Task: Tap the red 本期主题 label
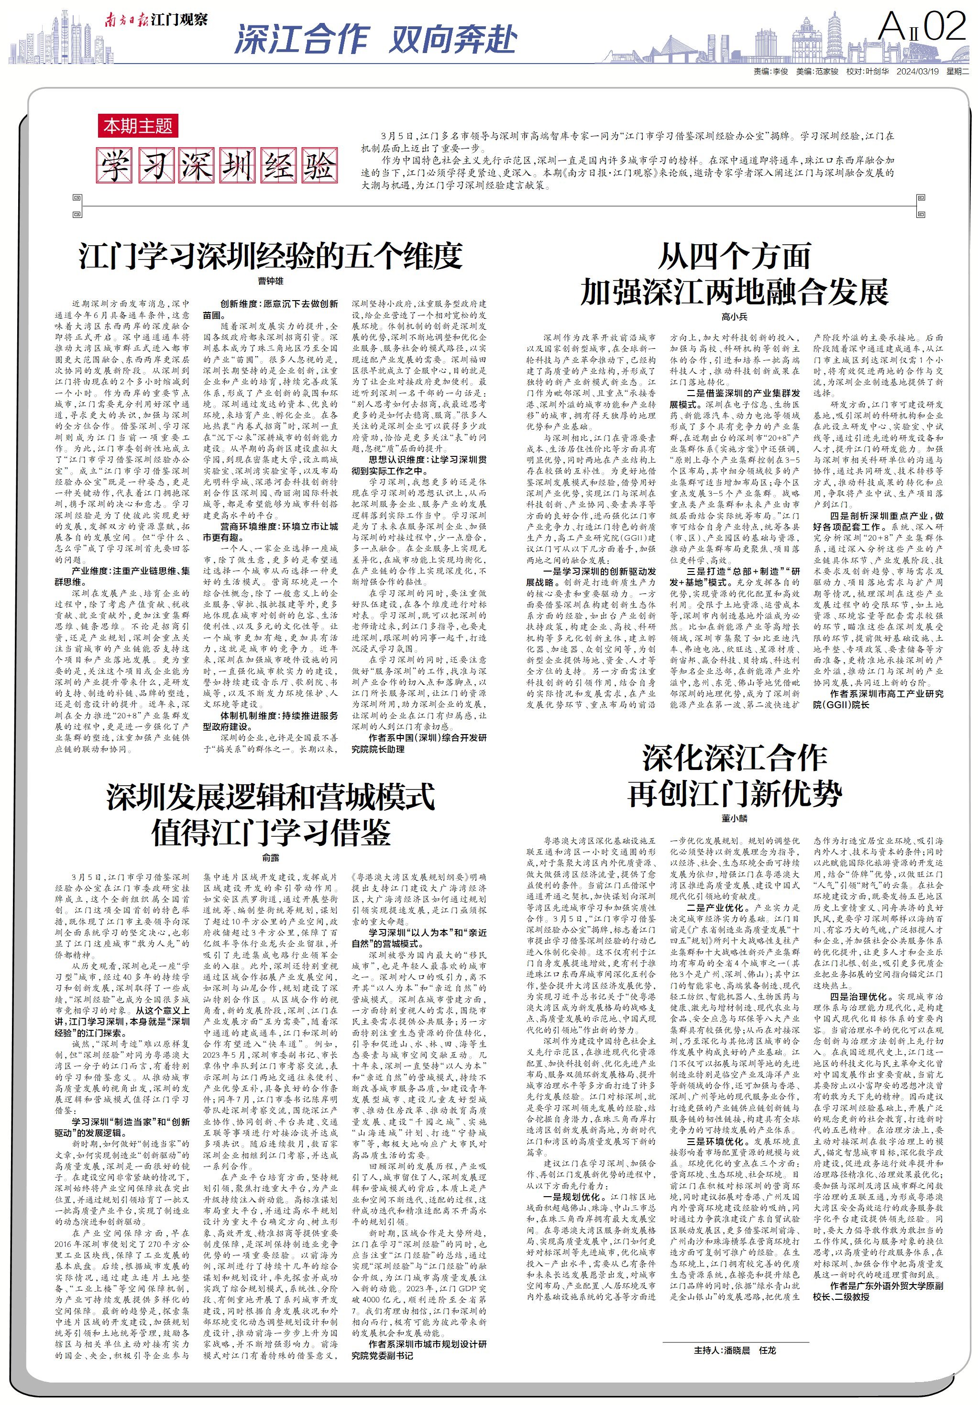click(138, 126)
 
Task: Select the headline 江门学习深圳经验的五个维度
click(270, 256)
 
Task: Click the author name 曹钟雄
click(270, 281)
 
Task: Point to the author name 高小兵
click(734, 317)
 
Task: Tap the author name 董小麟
click(734, 818)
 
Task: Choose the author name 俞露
click(270, 858)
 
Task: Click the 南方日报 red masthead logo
click(126, 20)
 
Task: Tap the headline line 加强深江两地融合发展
click(734, 292)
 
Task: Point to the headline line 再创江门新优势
click(734, 794)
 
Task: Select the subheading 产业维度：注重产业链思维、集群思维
click(122, 576)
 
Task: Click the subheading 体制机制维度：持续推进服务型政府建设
click(270, 721)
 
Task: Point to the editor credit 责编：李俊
click(770, 72)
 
